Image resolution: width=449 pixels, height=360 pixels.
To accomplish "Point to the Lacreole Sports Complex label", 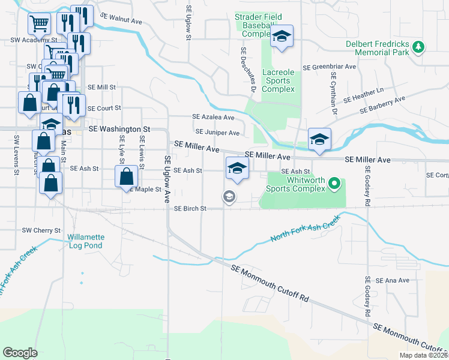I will pyautogui.click(x=279, y=81).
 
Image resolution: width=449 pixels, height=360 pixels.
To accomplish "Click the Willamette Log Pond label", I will pyautogui.click(x=85, y=241).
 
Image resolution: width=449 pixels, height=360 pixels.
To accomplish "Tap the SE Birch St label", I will pyautogui.click(x=190, y=209).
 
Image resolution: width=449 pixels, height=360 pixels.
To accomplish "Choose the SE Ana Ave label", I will pyautogui.click(x=392, y=280).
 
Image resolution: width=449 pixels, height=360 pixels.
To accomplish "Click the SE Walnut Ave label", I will pyautogui.click(x=121, y=18).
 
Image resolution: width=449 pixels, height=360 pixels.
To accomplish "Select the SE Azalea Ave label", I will pyautogui.click(x=213, y=117).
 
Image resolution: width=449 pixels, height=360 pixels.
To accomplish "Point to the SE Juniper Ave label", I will pyautogui.click(x=217, y=133).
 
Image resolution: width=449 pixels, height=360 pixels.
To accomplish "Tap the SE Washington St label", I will pyautogui.click(x=119, y=129).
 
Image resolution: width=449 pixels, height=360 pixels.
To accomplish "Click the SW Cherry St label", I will pyautogui.click(x=41, y=230).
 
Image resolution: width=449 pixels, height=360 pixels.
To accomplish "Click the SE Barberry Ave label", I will pyautogui.click(x=383, y=104).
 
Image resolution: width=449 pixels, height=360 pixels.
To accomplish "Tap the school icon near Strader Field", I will pyautogui.click(x=281, y=37).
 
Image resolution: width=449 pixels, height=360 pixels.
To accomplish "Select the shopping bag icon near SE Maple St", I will pyautogui.click(x=126, y=177).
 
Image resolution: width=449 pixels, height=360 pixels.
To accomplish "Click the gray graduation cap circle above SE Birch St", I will pyautogui.click(x=229, y=196).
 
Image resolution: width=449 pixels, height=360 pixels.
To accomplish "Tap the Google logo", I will pyautogui.click(x=20, y=352).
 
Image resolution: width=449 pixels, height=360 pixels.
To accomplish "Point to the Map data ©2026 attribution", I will pyautogui.click(x=424, y=355).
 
